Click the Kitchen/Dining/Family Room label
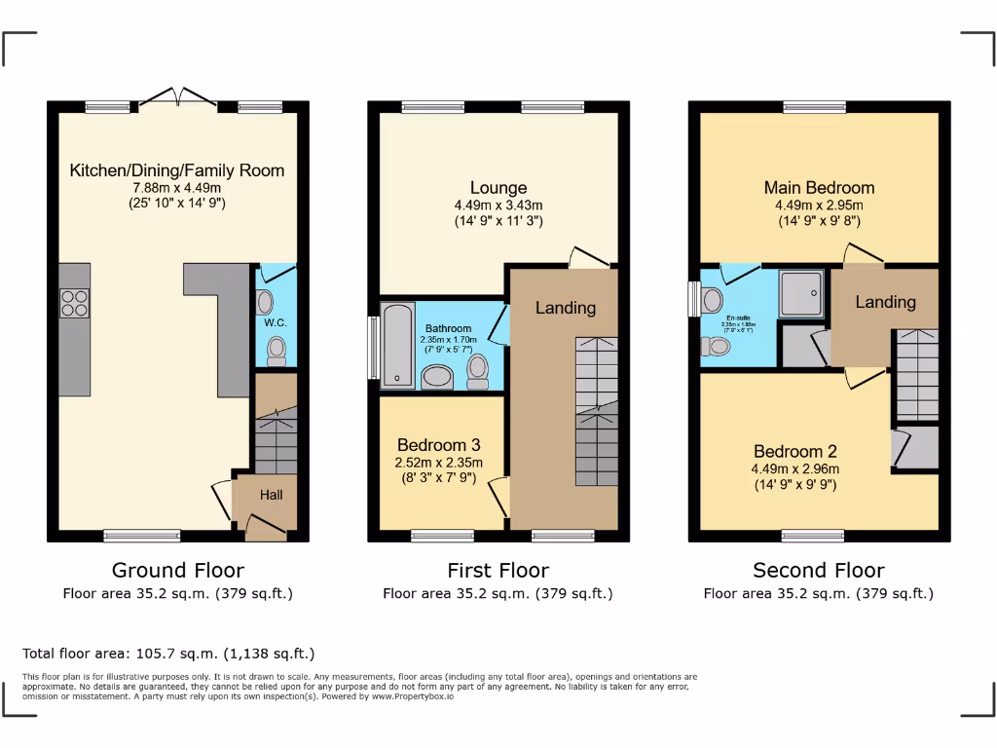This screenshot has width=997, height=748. point(177,170)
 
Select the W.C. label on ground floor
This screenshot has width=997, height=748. point(274,322)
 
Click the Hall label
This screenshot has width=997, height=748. point(271,496)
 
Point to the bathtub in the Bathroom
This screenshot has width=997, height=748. point(398,345)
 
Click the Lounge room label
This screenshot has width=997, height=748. point(498,188)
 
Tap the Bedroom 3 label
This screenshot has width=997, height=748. point(439,445)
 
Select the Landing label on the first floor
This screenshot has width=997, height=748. point(565,308)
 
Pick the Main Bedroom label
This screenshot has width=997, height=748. point(819,188)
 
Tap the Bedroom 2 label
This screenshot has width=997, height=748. point(794,452)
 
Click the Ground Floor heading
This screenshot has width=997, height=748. point(177,571)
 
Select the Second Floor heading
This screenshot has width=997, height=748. point(819,571)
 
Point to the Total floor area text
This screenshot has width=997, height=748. point(168,654)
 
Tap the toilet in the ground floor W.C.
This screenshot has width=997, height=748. point(276,348)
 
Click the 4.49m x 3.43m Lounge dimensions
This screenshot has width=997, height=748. point(498,206)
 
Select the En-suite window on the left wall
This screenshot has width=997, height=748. point(693,299)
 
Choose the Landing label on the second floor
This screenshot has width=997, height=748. point(885,302)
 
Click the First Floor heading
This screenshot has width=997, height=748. point(498,571)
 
